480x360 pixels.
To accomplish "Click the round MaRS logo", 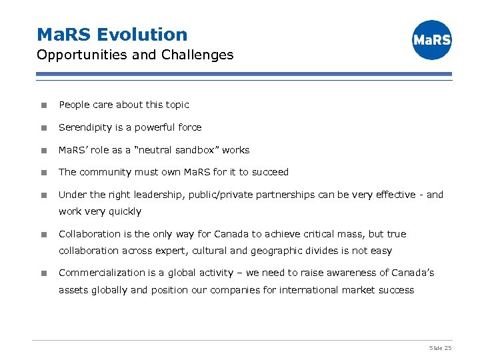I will click(431, 40).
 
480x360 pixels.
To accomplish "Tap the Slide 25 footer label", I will click(440, 348).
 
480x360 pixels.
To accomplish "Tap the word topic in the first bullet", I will click(176, 105).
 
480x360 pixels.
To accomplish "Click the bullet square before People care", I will click(43, 105).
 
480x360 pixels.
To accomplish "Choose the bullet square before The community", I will click(43, 173).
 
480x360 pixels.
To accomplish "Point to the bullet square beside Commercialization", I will click(43, 273).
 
